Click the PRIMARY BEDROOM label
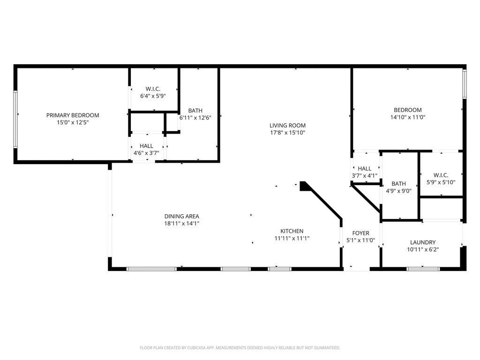click(x=73, y=115)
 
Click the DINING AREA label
click(x=182, y=216)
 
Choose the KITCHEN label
click(x=292, y=231)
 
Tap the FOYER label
click(x=361, y=233)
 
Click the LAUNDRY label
click(x=423, y=242)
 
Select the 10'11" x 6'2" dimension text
click(x=423, y=250)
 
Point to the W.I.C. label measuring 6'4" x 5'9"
click(x=153, y=88)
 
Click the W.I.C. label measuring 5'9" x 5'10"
click(x=441, y=175)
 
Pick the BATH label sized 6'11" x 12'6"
click(x=195, y=110)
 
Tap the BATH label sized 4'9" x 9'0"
click(x=399, y=184)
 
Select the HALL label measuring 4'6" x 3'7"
click(x=146, y=146)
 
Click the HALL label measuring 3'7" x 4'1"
click(x=364, y=168)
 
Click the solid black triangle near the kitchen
click(x=304, y=186)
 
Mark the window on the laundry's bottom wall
click(x=423, y=269)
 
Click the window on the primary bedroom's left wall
click(x=15, y=120)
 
